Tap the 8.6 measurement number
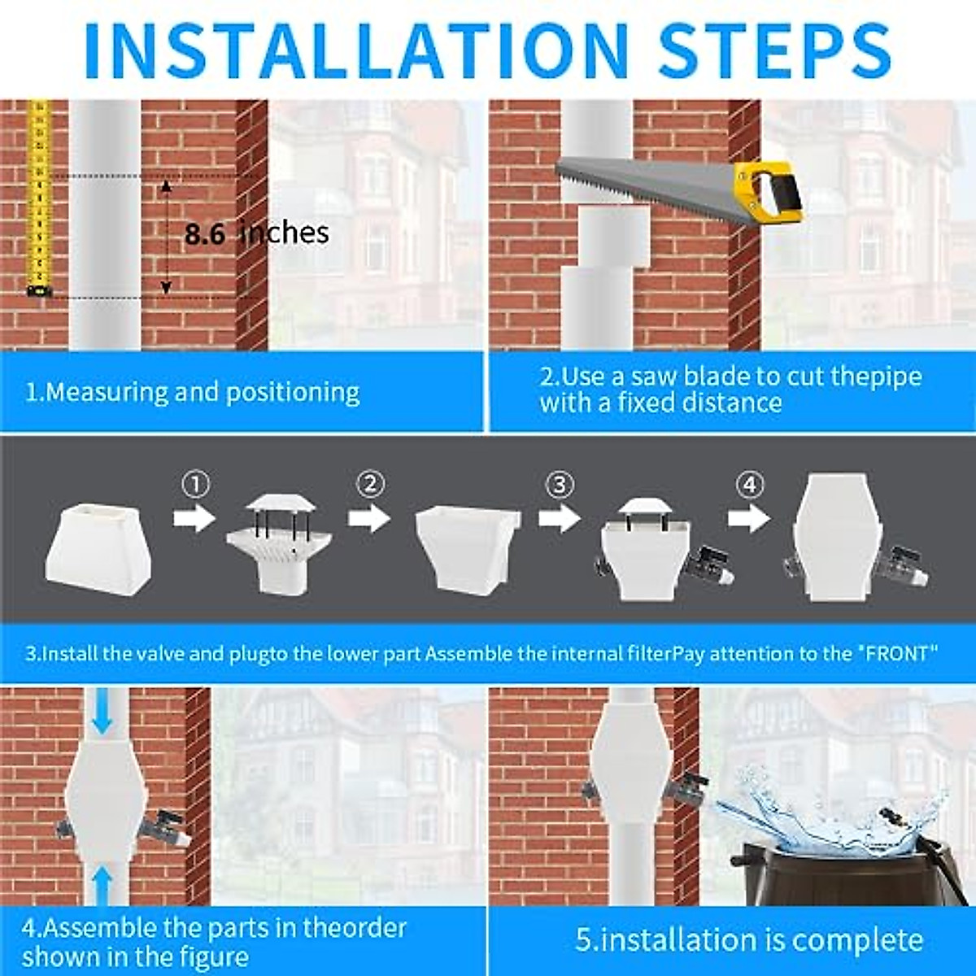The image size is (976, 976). pyautogui.click(x=204, y=234)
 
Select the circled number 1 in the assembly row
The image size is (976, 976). pyautogui.click(x=195, y=486)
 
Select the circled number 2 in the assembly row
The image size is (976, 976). pyautogui.click(x=370, y=485)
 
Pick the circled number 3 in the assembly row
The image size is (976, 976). pyautogui.click(x=559, y=486)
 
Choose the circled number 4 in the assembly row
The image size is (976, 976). pyautogui.click(x=749, y=486)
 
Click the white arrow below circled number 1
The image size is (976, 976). pyautogui.click(x=194, y=518)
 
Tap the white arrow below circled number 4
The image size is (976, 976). pyautogui.click(x=749, y=518)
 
